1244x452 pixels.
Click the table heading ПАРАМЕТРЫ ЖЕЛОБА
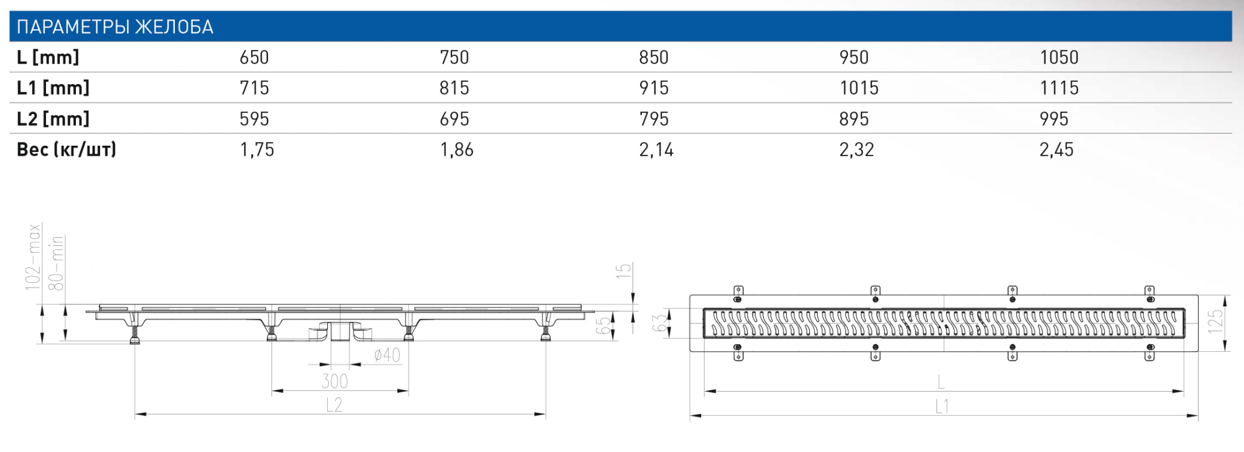click(x=115, y=27)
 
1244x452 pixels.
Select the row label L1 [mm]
click(x=53, y=88)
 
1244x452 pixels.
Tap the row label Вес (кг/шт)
click(x=67, y=149)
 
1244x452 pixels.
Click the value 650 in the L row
click(x=254, y=57)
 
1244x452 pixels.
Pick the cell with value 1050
click(x=1059, y=57)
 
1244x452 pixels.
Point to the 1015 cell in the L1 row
click(x=859, y=88)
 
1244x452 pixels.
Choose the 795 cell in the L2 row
click(x=654, y=119)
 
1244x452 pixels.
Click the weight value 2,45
click(x=1056, y=149)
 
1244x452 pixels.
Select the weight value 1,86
click(x=457, y=149)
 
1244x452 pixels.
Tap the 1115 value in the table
click(x=1059, y=88)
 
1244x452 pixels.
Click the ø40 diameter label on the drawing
click(x=387, y=355)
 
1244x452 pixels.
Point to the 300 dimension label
click(x=335, y=381)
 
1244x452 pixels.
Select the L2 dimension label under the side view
click(x=335, y=405)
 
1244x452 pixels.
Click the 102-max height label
click(x=33, y=257)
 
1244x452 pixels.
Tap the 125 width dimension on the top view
click(x=1215, y=321)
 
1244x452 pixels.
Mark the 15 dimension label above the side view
click(x=623, y=270)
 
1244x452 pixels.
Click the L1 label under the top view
click(x=942, y=407)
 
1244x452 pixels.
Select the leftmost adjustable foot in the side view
click(x=134, y=336)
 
